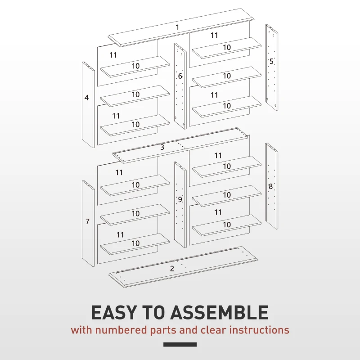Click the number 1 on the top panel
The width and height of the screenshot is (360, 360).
tap(177, 27)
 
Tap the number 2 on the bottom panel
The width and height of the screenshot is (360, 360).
tap(172, 269)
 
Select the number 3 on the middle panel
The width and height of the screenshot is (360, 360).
tap(162, 147)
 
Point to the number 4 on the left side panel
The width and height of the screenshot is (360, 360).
tap(86, 97)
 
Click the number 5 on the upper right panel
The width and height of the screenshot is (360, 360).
tap(271, 61)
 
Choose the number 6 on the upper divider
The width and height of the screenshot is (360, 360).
tap(180, 76)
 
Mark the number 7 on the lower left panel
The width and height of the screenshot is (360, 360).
tap(87, 221)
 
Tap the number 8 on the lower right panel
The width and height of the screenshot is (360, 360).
tap(270, 186)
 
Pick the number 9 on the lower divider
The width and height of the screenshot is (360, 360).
tap(180, 199)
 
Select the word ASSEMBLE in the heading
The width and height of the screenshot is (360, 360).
tap(224, 312)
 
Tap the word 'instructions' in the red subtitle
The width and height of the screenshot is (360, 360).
tap(259, 330)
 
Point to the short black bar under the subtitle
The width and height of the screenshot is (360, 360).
tap(180, 345)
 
